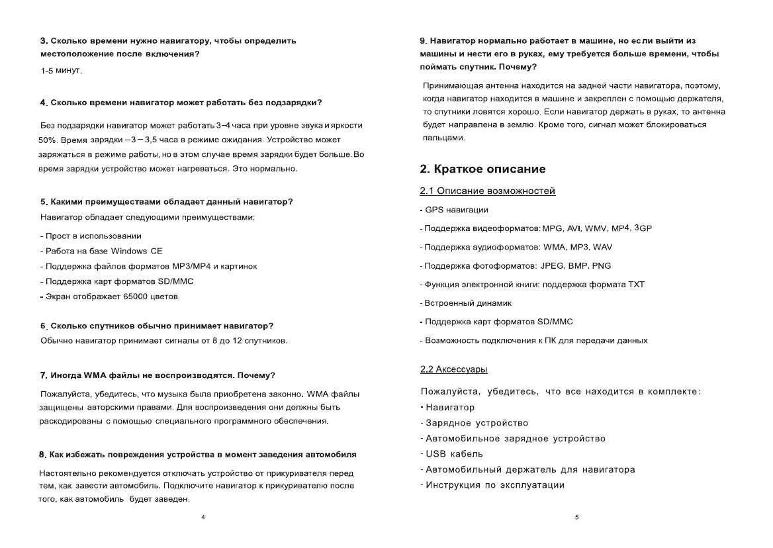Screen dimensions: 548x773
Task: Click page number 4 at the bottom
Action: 203,516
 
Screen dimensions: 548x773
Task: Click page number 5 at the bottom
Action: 577,516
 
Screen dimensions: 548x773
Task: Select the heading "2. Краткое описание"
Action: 482,169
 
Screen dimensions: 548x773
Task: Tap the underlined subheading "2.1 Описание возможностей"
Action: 488,192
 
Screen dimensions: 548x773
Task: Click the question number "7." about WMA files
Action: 44,376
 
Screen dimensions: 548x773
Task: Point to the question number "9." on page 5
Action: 424,41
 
